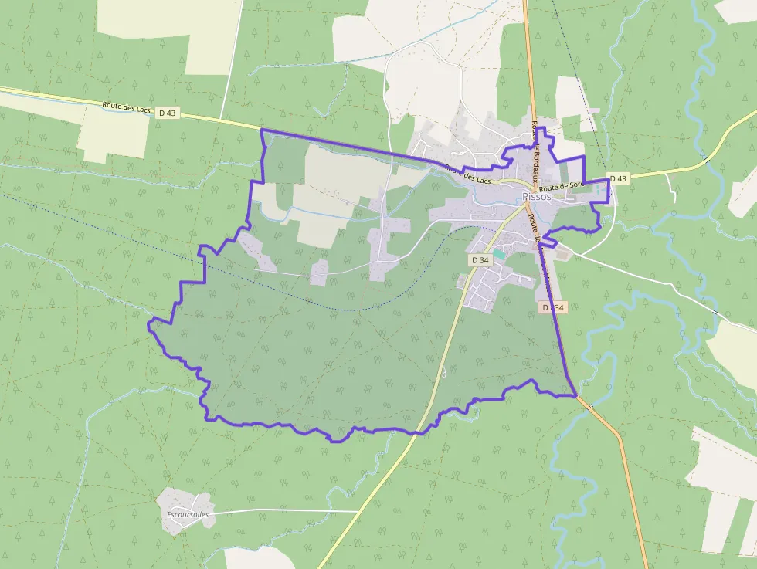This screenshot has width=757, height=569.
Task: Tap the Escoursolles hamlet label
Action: [x=188, y=514]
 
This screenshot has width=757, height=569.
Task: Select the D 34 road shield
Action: [x=480, y=260]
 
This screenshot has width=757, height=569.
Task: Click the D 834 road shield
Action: [x=553, y=307]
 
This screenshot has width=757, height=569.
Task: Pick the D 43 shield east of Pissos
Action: [x=618, y=178]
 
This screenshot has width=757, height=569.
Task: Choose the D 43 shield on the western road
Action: [x=167, y=113]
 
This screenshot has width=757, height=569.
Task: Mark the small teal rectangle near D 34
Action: [x=498, y=253]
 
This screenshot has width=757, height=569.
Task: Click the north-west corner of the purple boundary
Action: [x=263, y=130]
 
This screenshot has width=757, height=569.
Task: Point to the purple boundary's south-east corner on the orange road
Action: [x=575, y=396]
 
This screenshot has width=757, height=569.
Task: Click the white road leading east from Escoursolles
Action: [x=286, y=510]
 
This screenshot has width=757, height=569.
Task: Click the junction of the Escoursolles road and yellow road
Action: [x=358, y=510]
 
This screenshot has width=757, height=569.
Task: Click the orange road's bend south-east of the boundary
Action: [x=619, y=435]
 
